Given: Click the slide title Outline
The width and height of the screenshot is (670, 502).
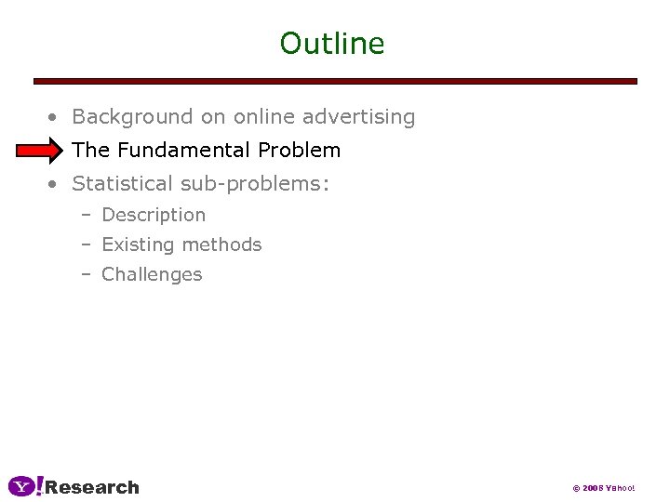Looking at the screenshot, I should click(x=332, y=44).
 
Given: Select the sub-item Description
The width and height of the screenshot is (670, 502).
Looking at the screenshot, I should click(x=154, y=215).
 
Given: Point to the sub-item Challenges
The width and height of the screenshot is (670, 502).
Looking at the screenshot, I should click(x=152, y=274).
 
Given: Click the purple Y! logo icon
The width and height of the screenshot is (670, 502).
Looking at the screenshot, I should click(x=25, y=486).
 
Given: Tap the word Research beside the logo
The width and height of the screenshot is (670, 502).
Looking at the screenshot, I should click(x=92, y=487).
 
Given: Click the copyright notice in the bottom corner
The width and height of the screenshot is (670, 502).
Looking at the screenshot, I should click(x=603, y=488).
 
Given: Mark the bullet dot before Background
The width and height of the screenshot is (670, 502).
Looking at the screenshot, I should click(x=55, y=118).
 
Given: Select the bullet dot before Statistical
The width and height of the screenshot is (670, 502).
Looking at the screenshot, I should click(x=55, y=185).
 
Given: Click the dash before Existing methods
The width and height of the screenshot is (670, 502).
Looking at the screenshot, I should click(x=86, y=244).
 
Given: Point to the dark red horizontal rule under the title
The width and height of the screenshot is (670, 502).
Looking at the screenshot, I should click(x=335, y=81).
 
